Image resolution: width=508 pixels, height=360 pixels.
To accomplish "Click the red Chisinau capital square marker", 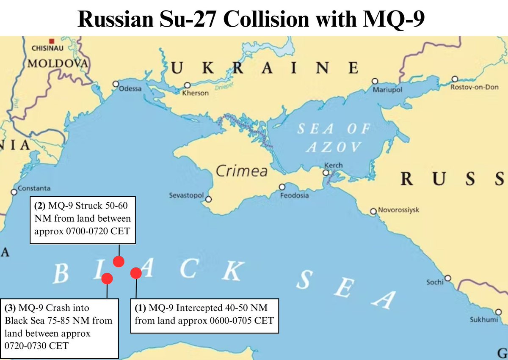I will point(52,41).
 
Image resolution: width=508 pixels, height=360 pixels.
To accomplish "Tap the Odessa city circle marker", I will point(115,84).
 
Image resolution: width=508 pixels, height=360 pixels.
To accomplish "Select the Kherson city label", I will point(195,93).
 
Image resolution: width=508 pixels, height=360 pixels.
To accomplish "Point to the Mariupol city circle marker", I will point(375,81).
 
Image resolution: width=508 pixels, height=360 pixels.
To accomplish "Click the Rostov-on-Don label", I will point(474,87).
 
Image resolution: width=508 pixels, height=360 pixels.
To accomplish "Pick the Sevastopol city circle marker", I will point(208,199).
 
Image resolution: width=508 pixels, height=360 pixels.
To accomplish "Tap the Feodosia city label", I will point(295,195).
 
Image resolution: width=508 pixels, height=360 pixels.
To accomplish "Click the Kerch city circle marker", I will point(326,173).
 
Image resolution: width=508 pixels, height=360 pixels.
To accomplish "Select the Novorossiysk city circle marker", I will point(373,211).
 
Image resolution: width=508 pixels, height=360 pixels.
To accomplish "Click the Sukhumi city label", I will point(483,320).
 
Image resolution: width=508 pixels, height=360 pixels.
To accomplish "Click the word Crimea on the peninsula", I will point(242,171).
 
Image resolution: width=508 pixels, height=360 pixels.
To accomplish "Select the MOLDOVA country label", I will point(58,64).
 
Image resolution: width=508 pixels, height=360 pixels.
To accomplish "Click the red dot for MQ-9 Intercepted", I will point(136,273).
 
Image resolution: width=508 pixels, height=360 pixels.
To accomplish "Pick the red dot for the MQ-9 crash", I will point(107,278).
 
